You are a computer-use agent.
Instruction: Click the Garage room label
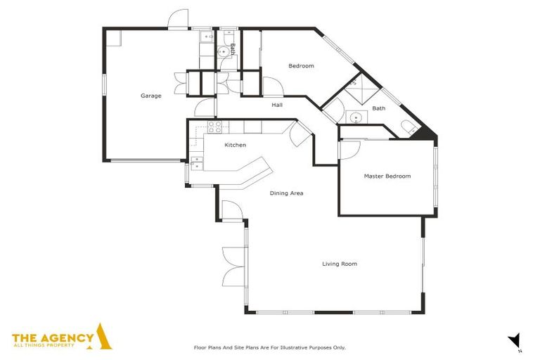point(150,96)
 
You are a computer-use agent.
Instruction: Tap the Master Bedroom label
point(387,176)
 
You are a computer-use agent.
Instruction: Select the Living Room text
point(340,264)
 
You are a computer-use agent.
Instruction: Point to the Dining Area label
point(287,193)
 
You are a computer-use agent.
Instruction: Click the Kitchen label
point(235,145)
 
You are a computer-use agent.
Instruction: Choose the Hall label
point(277,105)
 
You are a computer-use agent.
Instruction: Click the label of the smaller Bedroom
point(301,66)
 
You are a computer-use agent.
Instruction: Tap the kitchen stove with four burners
point(214,127)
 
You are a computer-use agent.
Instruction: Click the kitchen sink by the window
point(196,164)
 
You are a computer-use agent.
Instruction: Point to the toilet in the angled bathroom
point(408,127)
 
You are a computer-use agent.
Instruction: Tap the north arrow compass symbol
point(515,340)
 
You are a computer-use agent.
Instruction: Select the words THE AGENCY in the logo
point(53,337)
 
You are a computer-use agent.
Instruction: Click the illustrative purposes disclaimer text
point(269,347)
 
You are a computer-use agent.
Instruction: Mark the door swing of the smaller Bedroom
point(272,87)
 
